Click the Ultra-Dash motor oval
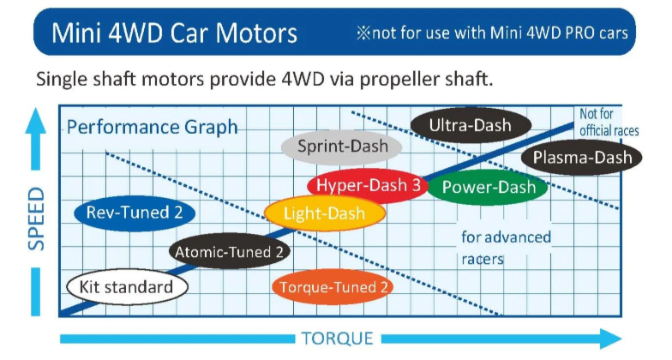(x=471, y=125)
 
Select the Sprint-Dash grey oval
(x=341, y=147)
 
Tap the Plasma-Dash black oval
(x=581, y=158)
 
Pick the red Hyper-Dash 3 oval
(x=368, y=185)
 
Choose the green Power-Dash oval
(x=489, y=187)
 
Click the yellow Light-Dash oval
(x=324, y=213)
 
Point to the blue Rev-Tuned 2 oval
(x=135, y=213)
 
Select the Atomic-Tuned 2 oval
(x=230, y=251)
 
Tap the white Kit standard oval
(x=127, y=286)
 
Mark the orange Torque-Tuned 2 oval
(x=333, y=286)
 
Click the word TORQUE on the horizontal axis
(x=338, y=339)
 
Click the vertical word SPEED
(x=36, y=219)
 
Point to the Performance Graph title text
(x=153, y=127)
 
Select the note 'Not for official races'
(x=609, y=122)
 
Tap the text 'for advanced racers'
(x=506, y=248)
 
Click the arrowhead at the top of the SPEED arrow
(x=36, y=120)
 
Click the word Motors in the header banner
(x=255, y=33)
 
